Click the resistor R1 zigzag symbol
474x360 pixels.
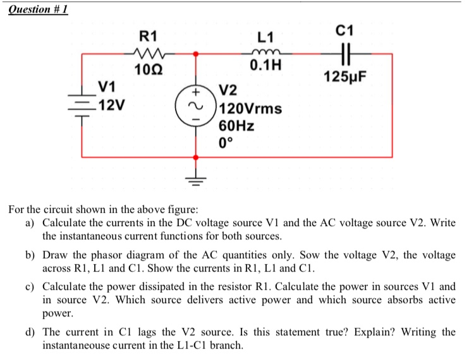(x=149, y=54)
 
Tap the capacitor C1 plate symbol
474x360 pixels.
(x=344, y=54)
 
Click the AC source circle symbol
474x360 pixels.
(x=195, y=105)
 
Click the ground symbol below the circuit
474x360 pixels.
(x=195, y=180)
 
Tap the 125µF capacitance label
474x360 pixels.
(x=345, y=78)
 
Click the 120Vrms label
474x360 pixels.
(x=250, y=108)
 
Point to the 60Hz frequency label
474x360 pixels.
(x=236, y=125)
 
